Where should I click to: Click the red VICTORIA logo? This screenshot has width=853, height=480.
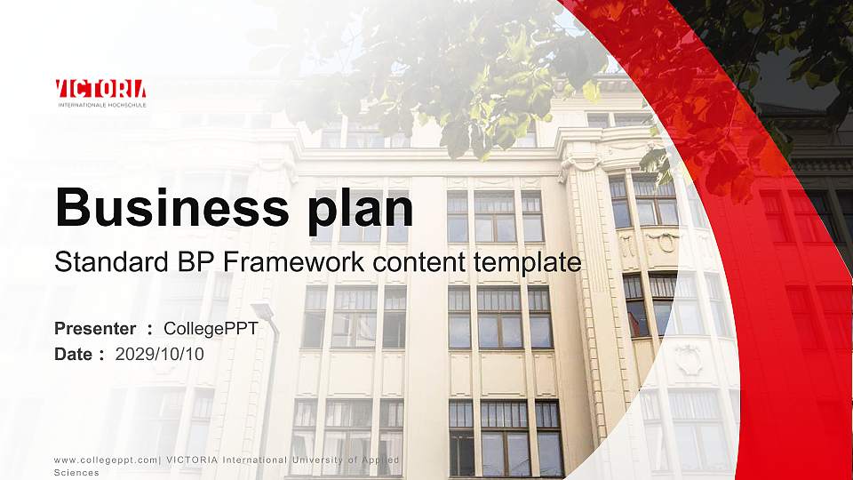(x=100, y=89)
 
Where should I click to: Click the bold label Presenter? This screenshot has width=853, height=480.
(x=95, y=329)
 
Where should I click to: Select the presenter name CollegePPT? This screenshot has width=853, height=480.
(x=211, y=329)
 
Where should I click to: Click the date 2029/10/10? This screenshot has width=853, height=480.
(x=160, y=354)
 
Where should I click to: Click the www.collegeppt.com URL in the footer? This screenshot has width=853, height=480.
(x=106, y=460)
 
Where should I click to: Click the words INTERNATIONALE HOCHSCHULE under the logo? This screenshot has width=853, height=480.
(x=100, y=105)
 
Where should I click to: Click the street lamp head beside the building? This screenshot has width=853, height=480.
(x=263, y=311)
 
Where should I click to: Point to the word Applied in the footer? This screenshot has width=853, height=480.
(x=379, y=460)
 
